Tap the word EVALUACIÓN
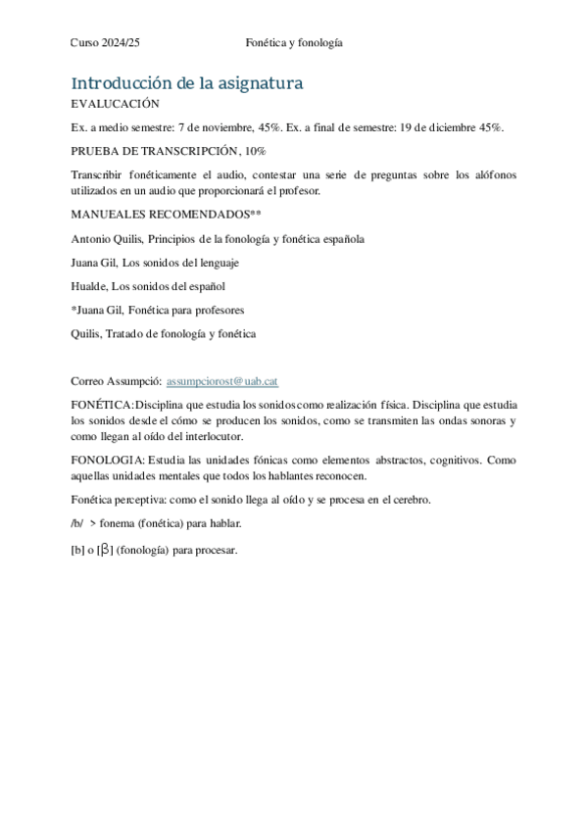116,104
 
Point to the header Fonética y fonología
293,42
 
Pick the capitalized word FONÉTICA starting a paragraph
101,405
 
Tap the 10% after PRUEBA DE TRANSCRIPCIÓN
254,151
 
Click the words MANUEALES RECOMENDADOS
160,215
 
